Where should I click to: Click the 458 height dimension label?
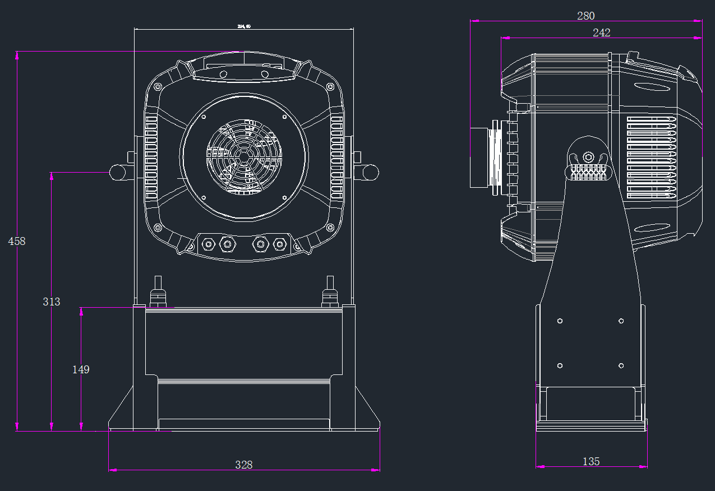pos(17,241)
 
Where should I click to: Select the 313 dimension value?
pos(52,302)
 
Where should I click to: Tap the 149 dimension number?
pos(81,369)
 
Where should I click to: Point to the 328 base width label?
pos(244,465)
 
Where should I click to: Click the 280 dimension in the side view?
pos(586,16)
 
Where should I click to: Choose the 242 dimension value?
pos(602,33)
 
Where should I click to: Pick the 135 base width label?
pos(591,461)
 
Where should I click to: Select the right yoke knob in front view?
pos(371,172)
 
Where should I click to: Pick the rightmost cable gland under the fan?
pos(279,244)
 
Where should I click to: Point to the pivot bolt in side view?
pos(588,156)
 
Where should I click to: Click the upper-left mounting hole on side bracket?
pos(560,321)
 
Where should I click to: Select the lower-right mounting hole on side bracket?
pos(621,365)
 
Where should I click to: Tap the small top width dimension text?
pos(244,26)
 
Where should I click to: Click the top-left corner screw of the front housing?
pos(158,87)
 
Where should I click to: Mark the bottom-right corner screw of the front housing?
pos(330,228)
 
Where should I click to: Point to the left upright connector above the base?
pos(158,291)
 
